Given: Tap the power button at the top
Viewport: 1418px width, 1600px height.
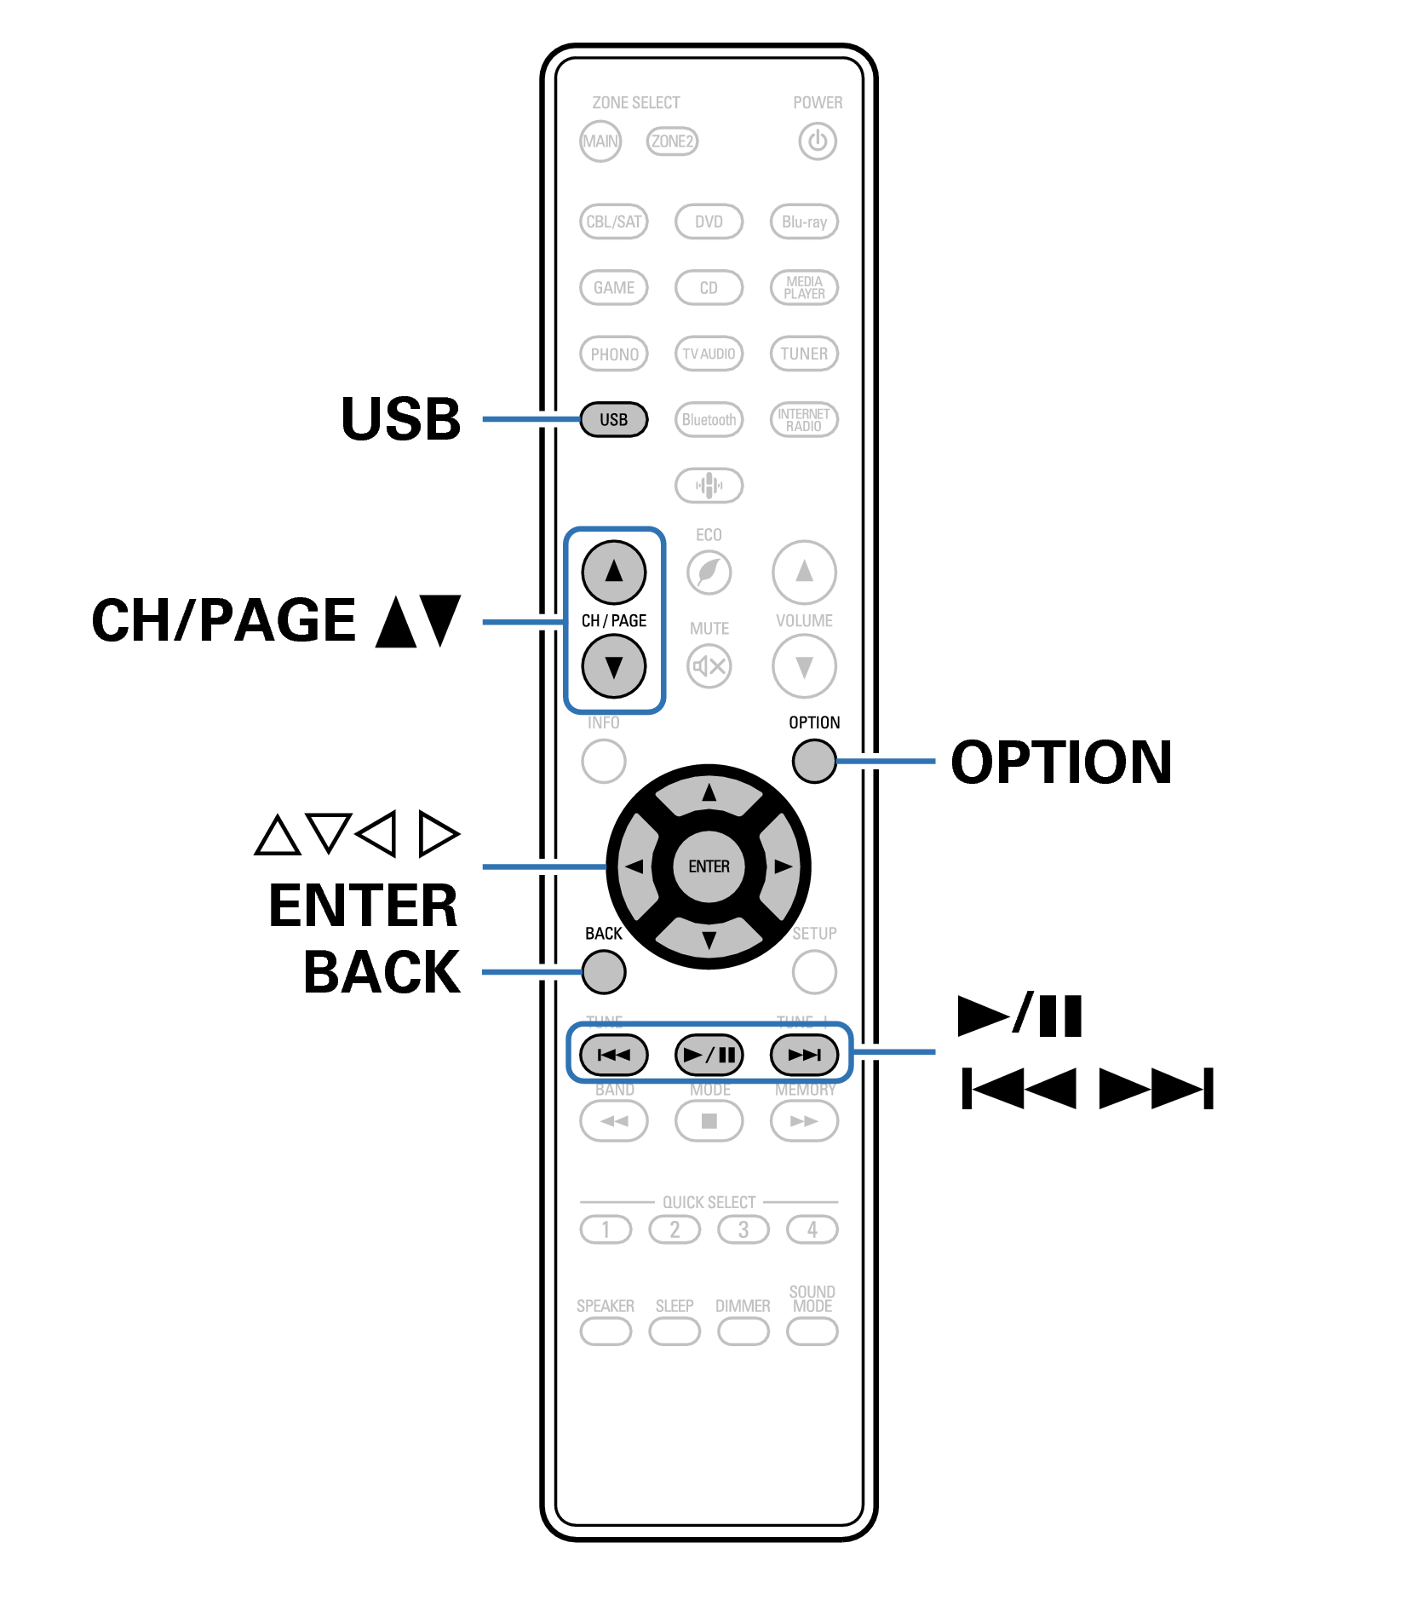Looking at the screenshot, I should point(817,141).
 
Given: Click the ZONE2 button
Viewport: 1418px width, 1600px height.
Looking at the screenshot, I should point(672,141).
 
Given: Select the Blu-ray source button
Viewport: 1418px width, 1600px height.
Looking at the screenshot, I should point(804,222).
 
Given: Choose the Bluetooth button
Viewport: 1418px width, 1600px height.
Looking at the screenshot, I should point(709,419).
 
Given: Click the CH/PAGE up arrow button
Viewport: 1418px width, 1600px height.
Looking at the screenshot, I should point(613,572).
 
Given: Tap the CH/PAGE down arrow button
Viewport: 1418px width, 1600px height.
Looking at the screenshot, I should point(613,666).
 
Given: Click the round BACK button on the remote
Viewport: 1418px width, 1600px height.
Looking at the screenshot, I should point(604,972).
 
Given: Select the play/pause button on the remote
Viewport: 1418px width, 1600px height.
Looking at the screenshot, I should point(709,1055).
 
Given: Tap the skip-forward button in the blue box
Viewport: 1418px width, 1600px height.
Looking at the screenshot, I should point(804,1055).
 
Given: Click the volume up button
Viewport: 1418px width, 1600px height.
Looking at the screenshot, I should point(804,572).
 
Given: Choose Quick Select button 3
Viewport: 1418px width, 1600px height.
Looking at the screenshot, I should point(743,1229).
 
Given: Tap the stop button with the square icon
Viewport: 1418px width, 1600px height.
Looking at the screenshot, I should point(709,1121).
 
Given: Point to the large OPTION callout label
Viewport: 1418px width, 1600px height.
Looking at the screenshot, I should point(1061,762).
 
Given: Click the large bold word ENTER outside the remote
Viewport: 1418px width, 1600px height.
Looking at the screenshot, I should point(364,905).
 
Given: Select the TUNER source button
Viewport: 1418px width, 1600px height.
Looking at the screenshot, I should point(804,354).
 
